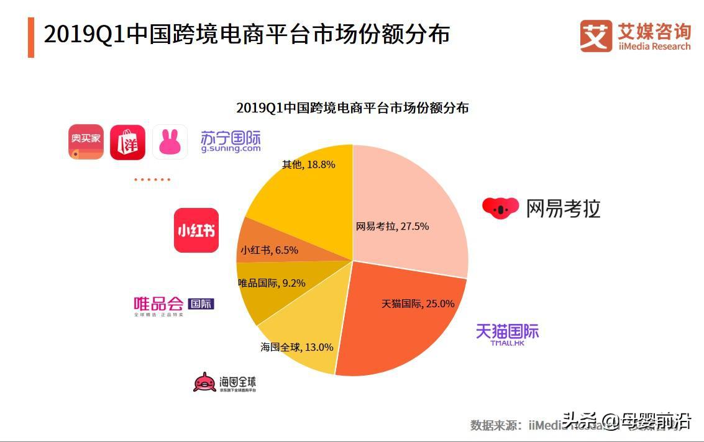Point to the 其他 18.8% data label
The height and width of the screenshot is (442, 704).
coord(308,165)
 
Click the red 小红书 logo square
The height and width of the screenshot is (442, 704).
coord(196,230)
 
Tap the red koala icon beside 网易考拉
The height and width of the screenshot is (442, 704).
coord(500,208)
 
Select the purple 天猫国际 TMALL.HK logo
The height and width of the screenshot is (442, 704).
coord(507,333)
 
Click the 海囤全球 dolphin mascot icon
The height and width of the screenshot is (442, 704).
coord(204,382)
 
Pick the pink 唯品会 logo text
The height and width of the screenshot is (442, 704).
coord(159,304)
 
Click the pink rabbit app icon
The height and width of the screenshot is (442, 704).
coord(170,142)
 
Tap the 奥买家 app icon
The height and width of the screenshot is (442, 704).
coord(86,142)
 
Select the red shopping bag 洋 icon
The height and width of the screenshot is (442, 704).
coord(127,142)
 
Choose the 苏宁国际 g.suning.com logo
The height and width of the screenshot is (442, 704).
coord(231,142)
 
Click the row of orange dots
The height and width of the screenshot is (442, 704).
coord(152,179)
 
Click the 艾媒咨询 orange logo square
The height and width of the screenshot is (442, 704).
coord(596,35)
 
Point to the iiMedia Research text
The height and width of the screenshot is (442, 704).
coord(654,47)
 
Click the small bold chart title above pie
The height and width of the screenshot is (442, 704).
coord(352,107)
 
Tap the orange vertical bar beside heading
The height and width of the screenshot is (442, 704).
coord(30,37)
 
